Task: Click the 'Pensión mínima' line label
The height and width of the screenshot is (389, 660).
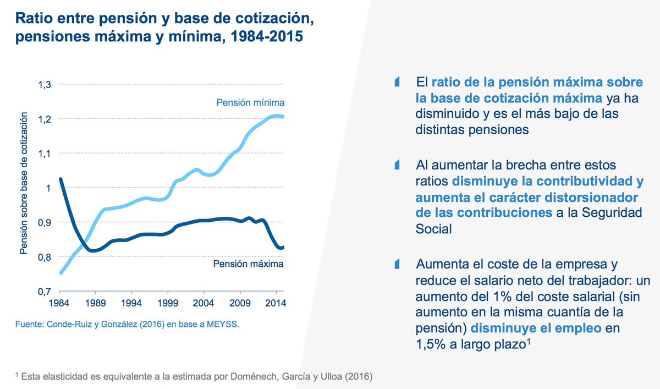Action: click(250, 103)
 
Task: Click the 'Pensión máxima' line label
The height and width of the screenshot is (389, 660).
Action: click(248, 264)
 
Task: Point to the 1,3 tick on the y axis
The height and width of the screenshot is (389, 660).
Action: click(44, 85)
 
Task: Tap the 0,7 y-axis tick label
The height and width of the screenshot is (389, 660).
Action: click(44, 292)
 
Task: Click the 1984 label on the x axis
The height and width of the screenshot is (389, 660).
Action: click(59, 303)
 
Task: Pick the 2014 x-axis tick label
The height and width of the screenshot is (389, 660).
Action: click(274, 303)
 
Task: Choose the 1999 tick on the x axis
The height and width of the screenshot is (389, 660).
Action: click(167, 303)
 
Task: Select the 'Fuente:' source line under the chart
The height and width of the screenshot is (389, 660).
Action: click(127, 324)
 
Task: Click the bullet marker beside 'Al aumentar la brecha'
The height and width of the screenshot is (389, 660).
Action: click(397, 165)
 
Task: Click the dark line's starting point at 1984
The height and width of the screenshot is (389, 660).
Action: click(60, 179)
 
